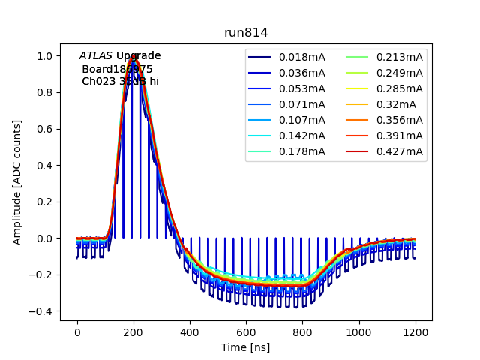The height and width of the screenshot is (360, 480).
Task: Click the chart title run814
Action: (x=246, y=33)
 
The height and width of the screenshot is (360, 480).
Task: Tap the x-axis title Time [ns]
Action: (x=245, y=347)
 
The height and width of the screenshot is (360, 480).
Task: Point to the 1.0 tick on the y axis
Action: (x=46, y=56)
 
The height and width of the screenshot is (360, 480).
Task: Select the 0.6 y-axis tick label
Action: (x=46, y=129)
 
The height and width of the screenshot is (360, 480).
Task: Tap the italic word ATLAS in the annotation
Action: (x=95, y=56)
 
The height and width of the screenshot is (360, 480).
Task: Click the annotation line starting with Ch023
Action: (x=120, y=81)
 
